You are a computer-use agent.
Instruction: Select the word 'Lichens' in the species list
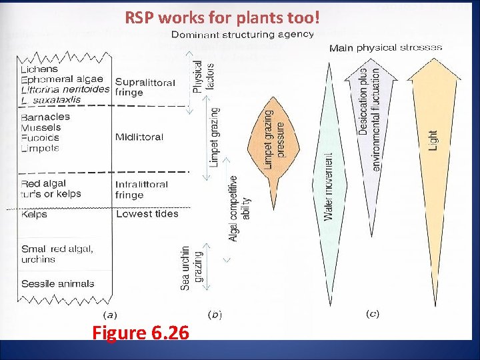click(x=39, y=69)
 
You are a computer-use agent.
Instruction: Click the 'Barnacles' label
click(x=45, y=117)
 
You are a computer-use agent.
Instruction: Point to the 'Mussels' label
click(x=41, y=127)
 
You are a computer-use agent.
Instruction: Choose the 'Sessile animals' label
click(x=58, y=284)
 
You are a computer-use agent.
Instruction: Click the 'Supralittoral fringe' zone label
click(x=145, y=87)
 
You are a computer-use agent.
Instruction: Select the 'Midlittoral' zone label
click(x=139, y=137)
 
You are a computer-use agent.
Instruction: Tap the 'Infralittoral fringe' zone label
click(x=141, y=189)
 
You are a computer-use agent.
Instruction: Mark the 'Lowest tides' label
click(x=147, y=214)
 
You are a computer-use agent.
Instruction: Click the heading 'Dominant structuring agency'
click(x=243, y=35)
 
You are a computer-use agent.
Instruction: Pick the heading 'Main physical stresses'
click(x=385, y=48)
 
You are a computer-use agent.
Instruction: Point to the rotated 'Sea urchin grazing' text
click(x=190, y=267)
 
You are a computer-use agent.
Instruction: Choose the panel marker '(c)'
click(x=373, y=313)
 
